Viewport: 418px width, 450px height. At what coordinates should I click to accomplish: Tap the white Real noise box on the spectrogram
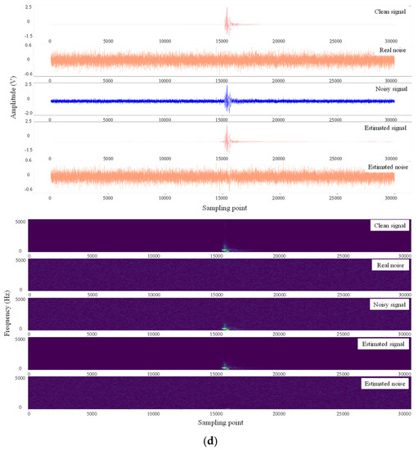click(x=389, y=266)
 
